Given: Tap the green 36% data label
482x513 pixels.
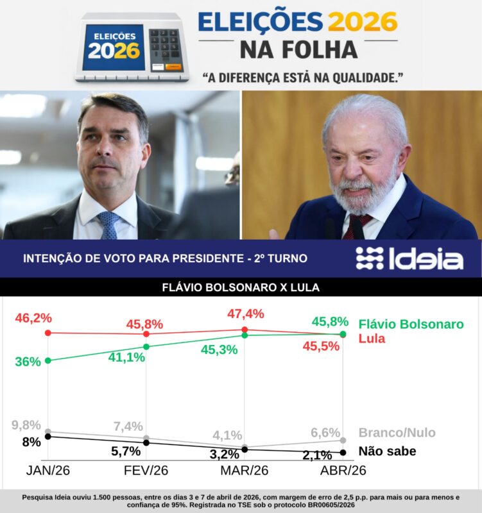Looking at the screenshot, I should pyautogui.click(x=28, y=361).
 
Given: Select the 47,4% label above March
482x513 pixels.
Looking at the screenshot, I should pyautogui.click(x=246, y=314).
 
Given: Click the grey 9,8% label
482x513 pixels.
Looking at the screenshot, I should pyautogui.click(x=26, y=425).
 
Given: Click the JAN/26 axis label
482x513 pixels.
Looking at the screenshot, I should pyautogui.click(x=49, y=471).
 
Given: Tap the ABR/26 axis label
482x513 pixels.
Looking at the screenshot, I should pyautogui.click(x=343, y=471).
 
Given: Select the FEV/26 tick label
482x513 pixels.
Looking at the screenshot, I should pyautogui.click(x=146, y=471).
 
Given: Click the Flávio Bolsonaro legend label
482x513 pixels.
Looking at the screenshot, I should pyautogui.click(x=411, y=324).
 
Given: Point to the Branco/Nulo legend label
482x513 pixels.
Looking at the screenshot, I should pyautogui.click(x=397, y=433).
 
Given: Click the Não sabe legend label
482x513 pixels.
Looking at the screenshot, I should pyautogui.click(x=387, y=451).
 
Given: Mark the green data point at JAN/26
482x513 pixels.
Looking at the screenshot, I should pyautogui.click(x=48, y=360).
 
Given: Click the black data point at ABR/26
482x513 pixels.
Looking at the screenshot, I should pyautogui.click(x=343, y=453).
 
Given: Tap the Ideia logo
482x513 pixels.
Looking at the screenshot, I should pyautogui.click(x=409, y=258).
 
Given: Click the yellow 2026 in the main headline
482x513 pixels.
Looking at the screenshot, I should pyautogui.click(x=363, y=21).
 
